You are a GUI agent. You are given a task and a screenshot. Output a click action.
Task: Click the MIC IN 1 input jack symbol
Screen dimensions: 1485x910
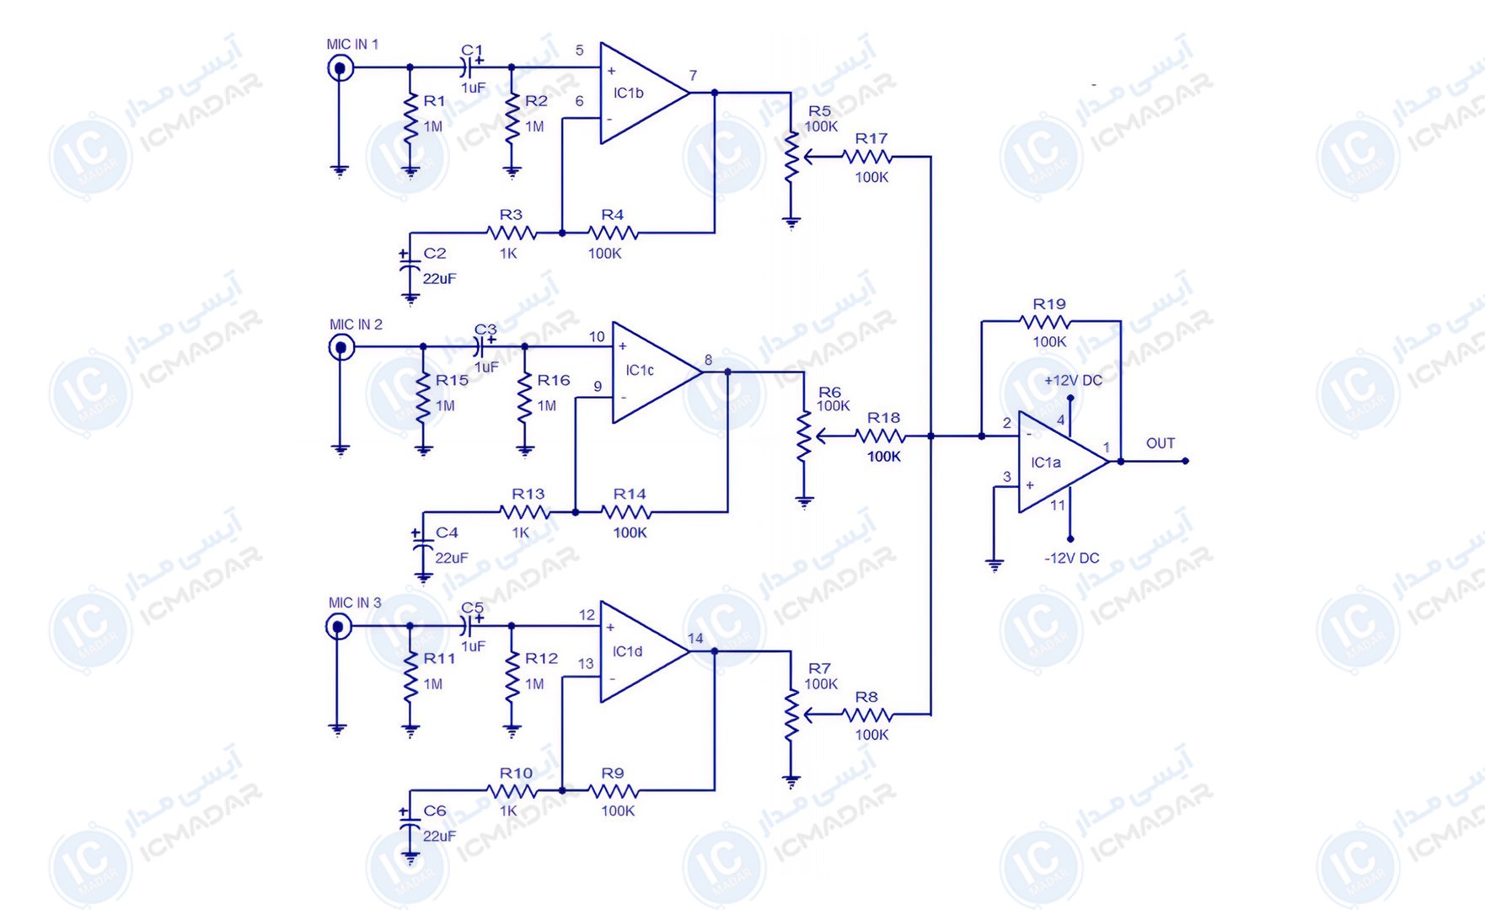coord(340,67)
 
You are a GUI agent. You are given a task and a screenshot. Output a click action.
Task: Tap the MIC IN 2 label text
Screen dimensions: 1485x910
coord(356,324)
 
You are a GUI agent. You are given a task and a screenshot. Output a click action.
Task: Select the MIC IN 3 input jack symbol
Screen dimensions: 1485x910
coord(339,626)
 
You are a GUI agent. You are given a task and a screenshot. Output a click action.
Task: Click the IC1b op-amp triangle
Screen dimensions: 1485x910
coord(645,93)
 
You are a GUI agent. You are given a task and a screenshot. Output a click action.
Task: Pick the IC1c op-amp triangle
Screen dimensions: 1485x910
coord(657,372)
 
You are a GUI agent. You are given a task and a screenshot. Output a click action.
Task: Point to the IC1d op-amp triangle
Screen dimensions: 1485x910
coord(645,651)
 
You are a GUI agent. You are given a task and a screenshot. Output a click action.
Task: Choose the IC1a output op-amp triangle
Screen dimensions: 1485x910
coord(1064,462)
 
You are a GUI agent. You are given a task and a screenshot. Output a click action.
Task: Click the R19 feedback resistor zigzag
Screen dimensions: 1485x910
coord(1045,321)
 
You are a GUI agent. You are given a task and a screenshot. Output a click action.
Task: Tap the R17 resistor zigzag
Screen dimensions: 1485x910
coord(867,156)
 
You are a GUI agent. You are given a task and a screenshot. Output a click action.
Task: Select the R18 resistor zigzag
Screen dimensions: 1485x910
coord(880,436)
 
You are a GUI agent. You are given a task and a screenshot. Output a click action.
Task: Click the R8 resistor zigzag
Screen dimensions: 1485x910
coord(867,715)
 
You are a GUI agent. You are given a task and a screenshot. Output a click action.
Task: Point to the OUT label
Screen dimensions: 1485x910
coord(1161,443)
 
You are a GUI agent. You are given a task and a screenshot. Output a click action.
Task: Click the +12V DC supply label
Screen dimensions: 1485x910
coord(1073,380)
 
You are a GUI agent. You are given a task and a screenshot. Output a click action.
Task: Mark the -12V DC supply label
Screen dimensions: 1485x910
coord(1072,558)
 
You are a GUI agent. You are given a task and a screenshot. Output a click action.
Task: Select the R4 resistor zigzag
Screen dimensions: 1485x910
coord(613,233)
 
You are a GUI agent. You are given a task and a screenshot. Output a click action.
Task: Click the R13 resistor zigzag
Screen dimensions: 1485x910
coord(525,511)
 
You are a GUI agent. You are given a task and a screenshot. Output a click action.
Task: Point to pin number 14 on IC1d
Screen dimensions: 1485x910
coord(695,638)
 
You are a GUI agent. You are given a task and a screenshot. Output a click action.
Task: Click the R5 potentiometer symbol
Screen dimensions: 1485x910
coord(792,156)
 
